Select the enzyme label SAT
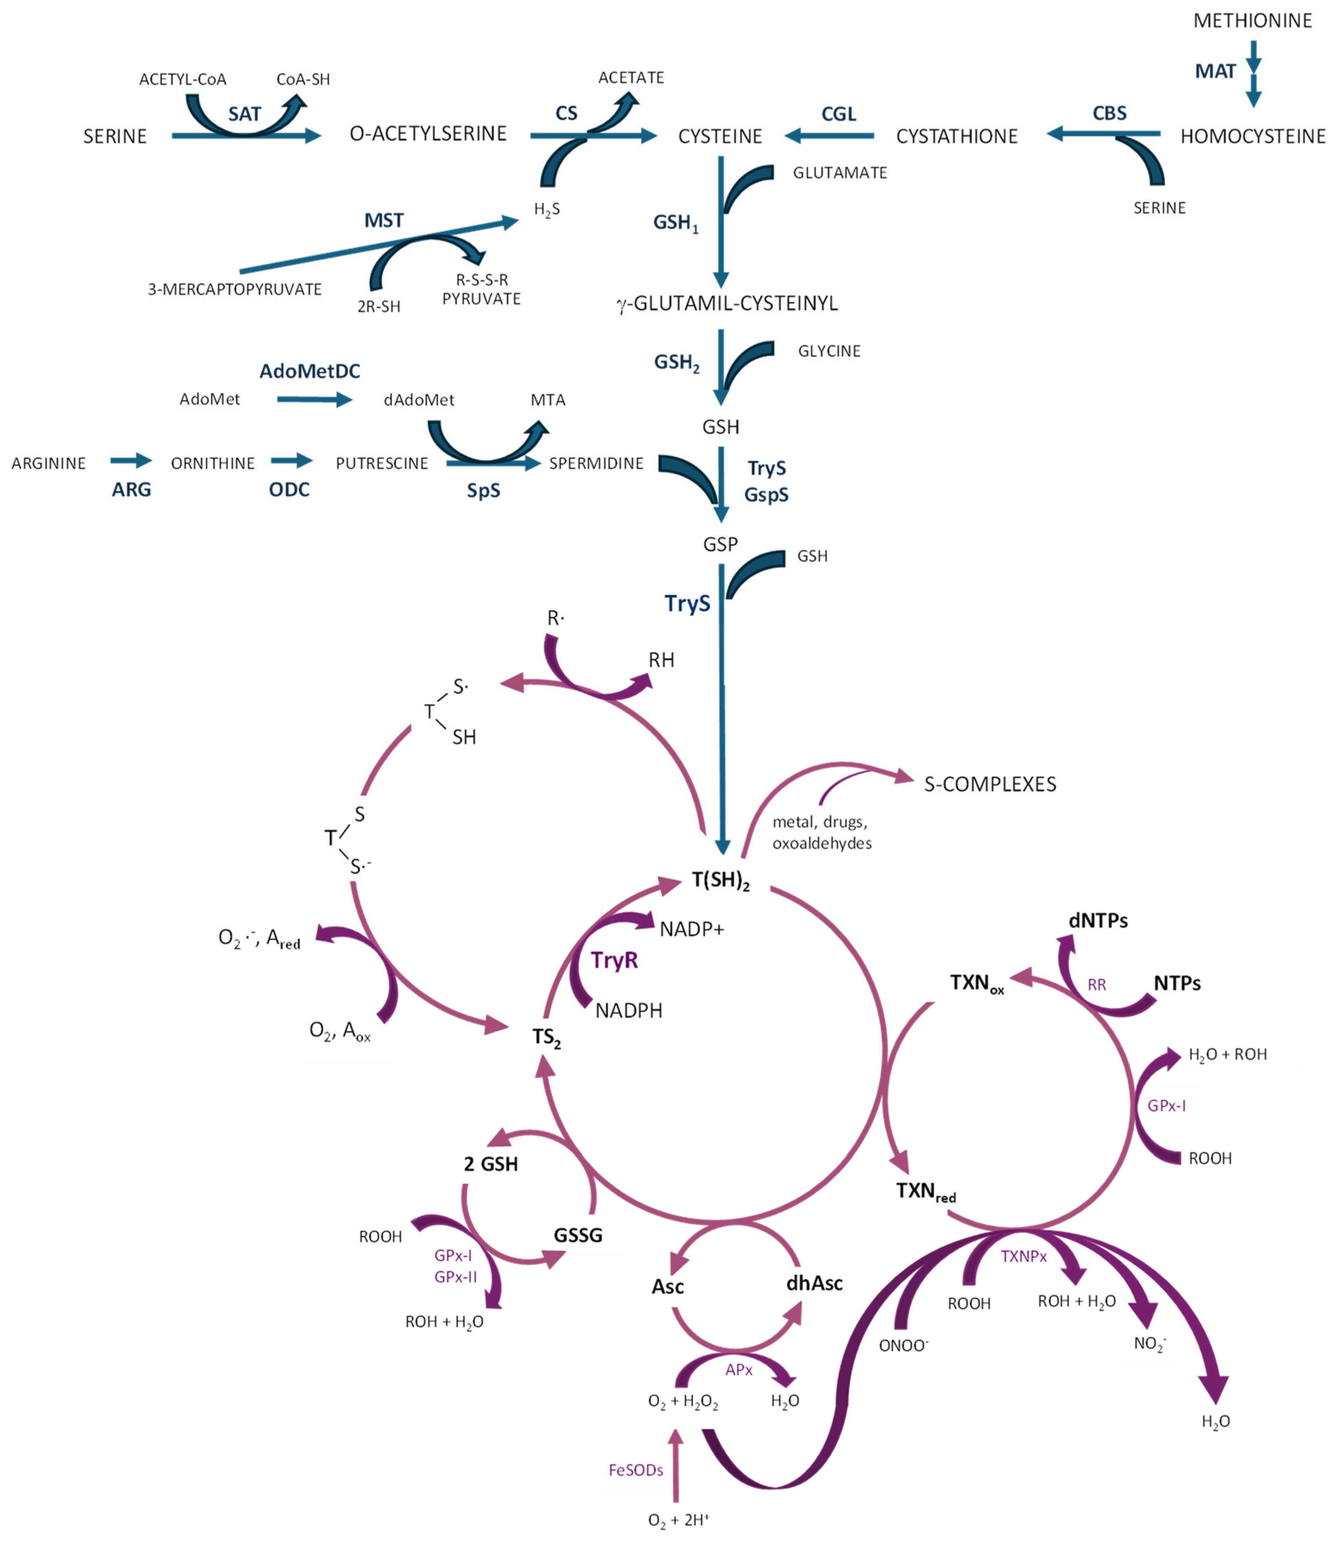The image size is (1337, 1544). [245, 114]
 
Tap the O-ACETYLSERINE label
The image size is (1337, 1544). [428, 133]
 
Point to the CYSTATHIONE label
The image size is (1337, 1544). [956, 136]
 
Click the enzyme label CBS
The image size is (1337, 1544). [1110, 113]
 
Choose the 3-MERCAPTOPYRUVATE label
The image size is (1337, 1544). [234, 289]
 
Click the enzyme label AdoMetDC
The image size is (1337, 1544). [310, 371]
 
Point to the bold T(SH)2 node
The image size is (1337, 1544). [720, 881]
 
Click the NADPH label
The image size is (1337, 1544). [628, 1011]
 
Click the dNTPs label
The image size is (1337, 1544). [1098, 921]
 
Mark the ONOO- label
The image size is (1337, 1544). [903, 1345]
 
